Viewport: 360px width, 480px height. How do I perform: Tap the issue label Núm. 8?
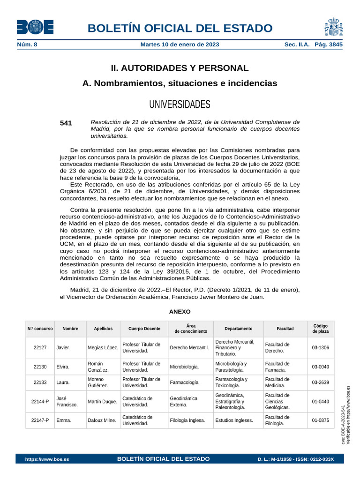click(x=27, y=45)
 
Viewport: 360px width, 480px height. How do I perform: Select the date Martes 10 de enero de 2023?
click(x=180, y=45)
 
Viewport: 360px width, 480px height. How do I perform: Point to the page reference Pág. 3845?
click(x=329, y=45)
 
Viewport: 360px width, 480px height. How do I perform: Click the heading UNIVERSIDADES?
click(x=180, y=104)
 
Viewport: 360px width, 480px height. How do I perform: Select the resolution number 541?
click(x=66, y=123)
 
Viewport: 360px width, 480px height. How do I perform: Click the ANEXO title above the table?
click(x=180, y=311)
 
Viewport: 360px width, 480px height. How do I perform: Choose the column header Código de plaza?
click(x=321, y=329)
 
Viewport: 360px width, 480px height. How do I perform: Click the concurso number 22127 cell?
click(x=40, y=348)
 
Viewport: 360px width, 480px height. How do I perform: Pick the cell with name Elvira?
click(x=63, y=367)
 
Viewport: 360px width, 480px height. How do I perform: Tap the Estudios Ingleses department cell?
click(x=234, y=420)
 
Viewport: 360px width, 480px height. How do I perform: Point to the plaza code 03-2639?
click(x=321, y=382)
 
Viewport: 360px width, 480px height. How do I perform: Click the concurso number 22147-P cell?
click(x=40, y=420)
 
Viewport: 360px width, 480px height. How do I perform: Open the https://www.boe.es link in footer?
click(x=47, y=459)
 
